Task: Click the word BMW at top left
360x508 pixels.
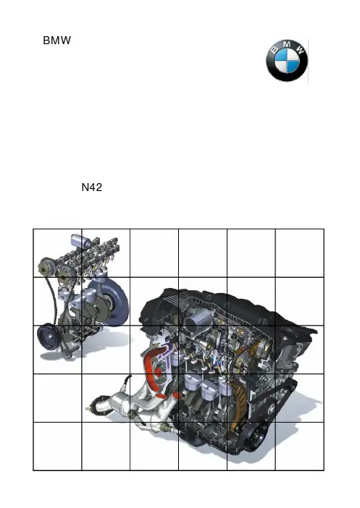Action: (56, 41)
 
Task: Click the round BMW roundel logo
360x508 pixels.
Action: (287, 61)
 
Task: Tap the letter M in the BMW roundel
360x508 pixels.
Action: (288, 45)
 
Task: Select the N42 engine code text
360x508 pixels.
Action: (92, 187)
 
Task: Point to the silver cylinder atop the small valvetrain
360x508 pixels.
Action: (80, 242)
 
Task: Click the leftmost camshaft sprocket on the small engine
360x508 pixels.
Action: (46, 266)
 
